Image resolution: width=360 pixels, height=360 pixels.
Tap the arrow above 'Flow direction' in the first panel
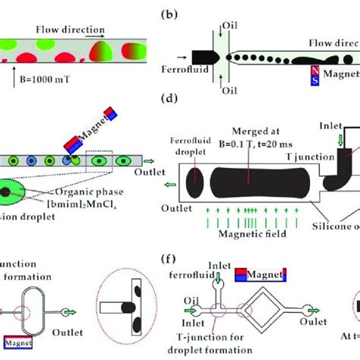(94, 35)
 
